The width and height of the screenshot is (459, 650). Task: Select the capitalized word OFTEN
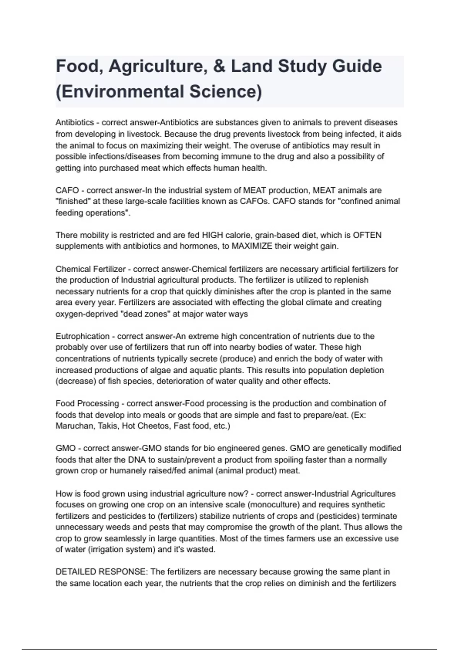(x=367, y=235)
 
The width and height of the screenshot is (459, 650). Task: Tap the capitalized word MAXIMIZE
(x=252, y=246)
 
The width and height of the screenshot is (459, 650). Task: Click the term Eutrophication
(x=83, y=336)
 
